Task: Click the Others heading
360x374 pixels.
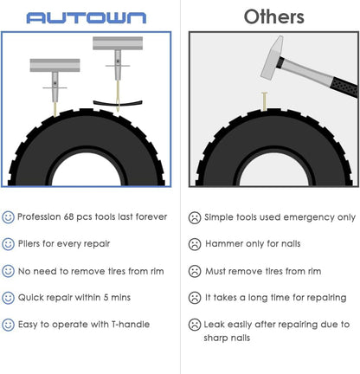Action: (x=273, y=16)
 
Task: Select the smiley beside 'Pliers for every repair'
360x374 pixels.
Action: (x=9, y=244)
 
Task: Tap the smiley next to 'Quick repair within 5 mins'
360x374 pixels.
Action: (x=9, y=298)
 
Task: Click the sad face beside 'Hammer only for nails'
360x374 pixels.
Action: (x=195, y=244)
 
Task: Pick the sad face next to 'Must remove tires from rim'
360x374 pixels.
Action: (x=195, y=271)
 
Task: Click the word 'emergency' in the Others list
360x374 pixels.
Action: (x=299, y=217)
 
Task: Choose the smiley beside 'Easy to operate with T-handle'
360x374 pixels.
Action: (x=9, y=325)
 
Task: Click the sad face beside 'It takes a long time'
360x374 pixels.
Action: (x=195, y=298)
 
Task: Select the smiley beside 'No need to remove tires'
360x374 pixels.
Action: (x=9, y=271)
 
